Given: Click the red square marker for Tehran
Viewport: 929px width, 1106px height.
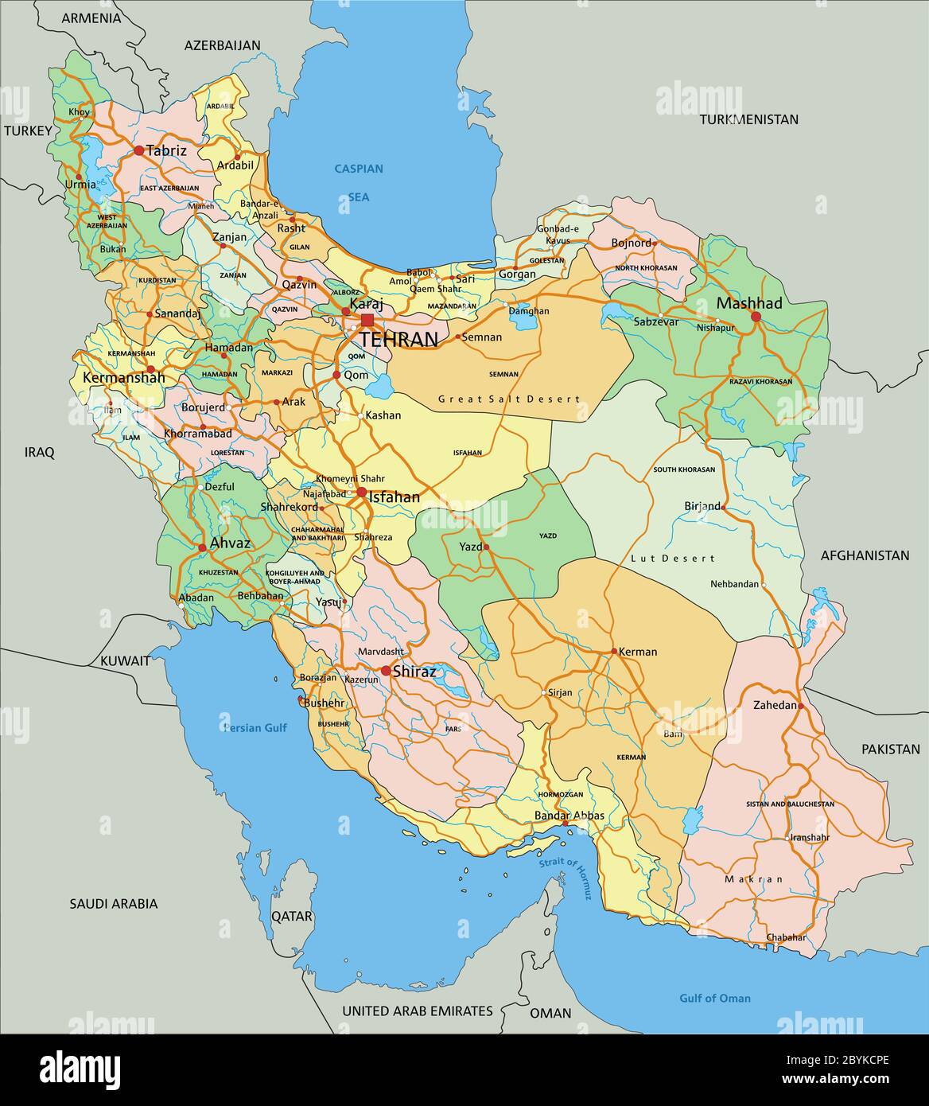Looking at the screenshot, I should point(367,320).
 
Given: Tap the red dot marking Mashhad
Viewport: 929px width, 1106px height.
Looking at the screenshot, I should point(756,317).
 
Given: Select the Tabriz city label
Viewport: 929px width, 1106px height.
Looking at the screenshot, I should point(167,150).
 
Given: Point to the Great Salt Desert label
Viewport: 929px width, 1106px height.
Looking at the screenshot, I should point(509,399).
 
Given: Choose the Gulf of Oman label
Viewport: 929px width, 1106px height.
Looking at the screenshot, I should point(714,998).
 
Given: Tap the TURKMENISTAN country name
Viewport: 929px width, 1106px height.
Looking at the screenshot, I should point(748,119).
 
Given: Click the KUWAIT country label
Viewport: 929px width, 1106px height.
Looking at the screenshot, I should point(125,660).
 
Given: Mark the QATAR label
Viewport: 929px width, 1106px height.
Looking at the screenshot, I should point(292,916).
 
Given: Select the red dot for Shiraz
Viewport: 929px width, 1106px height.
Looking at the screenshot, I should point(386,671).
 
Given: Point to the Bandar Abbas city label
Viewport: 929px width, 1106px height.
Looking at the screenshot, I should point(569,816).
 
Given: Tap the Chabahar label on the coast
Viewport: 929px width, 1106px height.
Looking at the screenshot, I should point(786,938).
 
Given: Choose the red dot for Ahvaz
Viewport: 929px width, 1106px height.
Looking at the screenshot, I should point(202,547).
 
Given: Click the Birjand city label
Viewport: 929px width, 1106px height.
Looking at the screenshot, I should point(702,506).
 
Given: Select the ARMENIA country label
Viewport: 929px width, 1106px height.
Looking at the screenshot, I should point(91,18).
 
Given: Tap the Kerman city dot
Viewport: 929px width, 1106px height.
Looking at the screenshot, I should point(614,651).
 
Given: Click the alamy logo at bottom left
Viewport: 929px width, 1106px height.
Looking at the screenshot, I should point(80,1068).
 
